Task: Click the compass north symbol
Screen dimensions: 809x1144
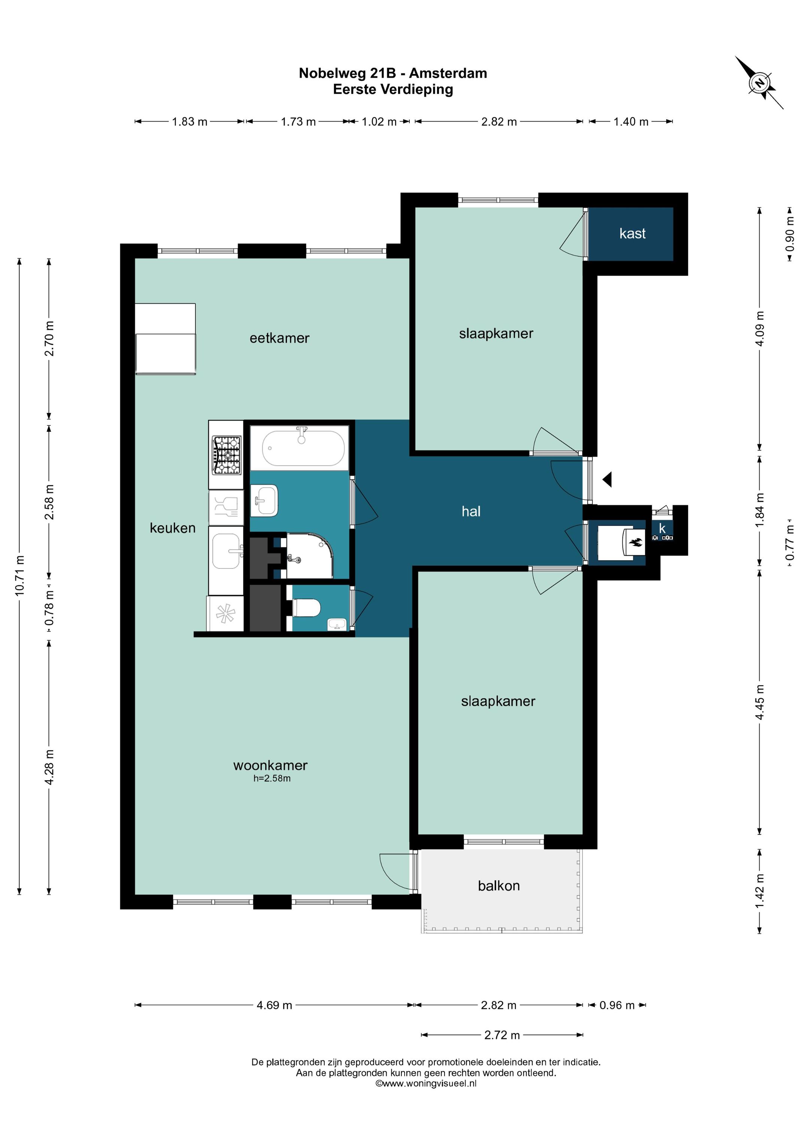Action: pyautogui.click(x=759, y=83)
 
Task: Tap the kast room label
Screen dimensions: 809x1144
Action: pyautogui.click(x=632, y=233)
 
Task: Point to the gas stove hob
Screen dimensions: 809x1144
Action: pyautogui.click(x=226, y=455)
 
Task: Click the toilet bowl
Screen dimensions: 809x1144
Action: pyautogui.click(x=306, y=607)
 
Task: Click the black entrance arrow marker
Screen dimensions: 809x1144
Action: pyautogui.click(x=607, y=480)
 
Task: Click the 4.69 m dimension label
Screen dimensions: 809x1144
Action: pyautogui.click(x=274, y=1005)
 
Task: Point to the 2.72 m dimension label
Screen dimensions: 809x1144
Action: pyautogui.click(x=502, y=1035)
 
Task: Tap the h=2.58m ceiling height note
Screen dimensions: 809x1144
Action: pyautogui.click(x=272, y=778)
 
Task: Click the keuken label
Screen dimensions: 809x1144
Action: pyautogui.click(x=172, y=528)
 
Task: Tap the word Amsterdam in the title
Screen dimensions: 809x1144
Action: pyautogui.click(x=448, y=73)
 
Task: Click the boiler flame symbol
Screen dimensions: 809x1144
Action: pyautogui.click(x=636, y=542)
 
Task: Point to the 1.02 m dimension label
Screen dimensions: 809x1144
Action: pyautogui.click(x=379, y=122)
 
